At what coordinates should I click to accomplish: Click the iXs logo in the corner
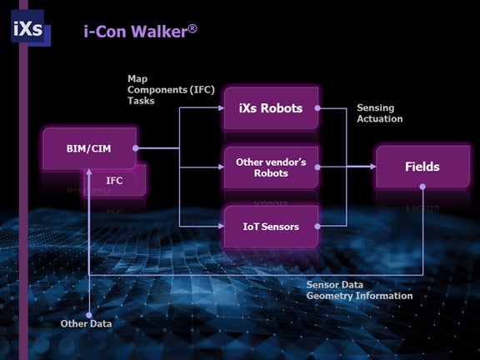pyautogui.click(x=27, y=28)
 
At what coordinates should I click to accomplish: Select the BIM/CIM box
pyautogui.click(x=89, y=148)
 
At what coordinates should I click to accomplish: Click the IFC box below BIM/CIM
pyautogui.click(x=115, y=180)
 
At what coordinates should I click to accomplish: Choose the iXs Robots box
pyautogui.click(x=271, y=107)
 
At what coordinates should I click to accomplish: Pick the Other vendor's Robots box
pyautogui.click(x=271, y=167)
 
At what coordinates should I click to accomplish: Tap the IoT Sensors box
pyautogui.click(x=271, y=226)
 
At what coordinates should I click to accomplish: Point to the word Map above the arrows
pyautogui.click(x=137, y=78)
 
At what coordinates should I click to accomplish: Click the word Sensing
pyautogui.click(x=375, y=108)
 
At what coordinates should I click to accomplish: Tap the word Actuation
pyautogui.click(x=379, y=118)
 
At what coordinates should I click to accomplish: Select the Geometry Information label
pyautogui.click(x=359, y=295)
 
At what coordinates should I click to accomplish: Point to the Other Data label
pyautogui.click(x=87, y=323)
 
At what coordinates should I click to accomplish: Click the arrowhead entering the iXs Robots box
pyautogui.click(x=219, y=107)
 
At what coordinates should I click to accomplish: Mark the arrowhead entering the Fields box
pyautogui.click(x=371, y=167)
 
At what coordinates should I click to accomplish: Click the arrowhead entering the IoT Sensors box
pyautogui.click(x=219, y=226)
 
